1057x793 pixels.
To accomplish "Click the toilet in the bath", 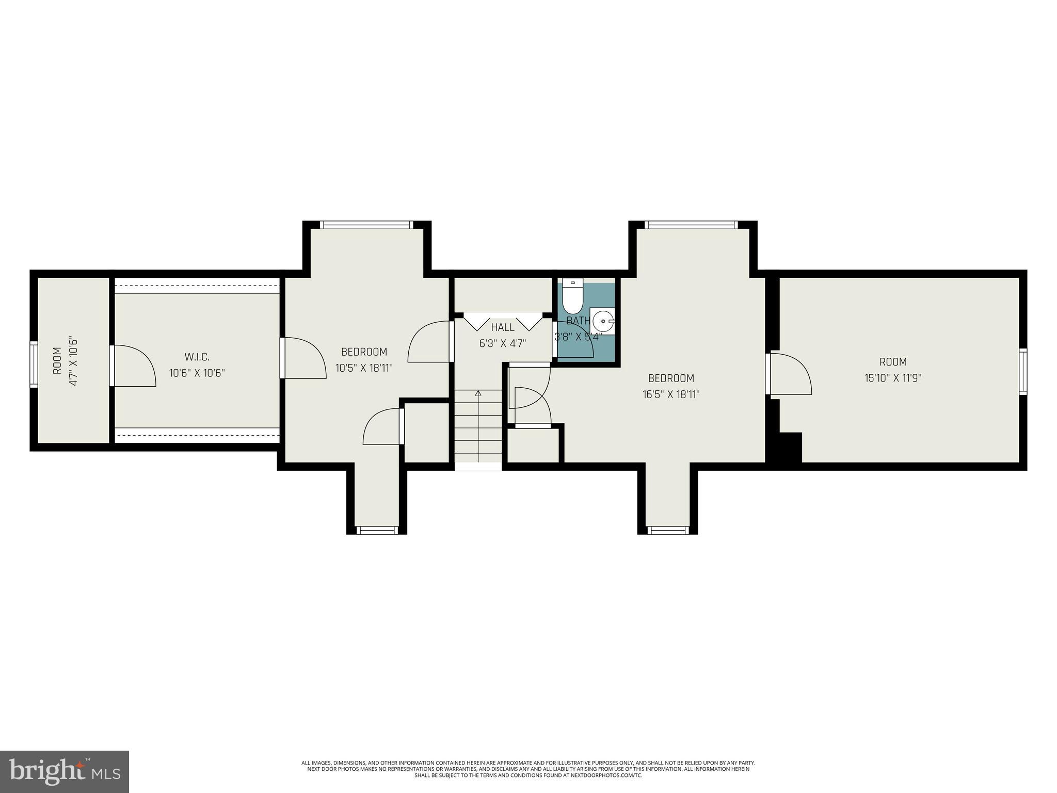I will pyautogui.click(x=572, y=297).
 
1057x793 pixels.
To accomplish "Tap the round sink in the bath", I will pyautogui.click(x=603, y=321).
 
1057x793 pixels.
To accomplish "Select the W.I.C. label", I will pyautogui.click(x=197, y=357).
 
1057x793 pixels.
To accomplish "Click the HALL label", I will pyautogui.click(x=502, y=327).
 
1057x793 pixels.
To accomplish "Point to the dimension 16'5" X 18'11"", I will pyautogui.click(x=670, y=394).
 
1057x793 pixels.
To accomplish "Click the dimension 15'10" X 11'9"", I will pyautogui.click(x=893, y=378).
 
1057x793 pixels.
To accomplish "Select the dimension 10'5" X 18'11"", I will pyautogui.click(x=364, y=368).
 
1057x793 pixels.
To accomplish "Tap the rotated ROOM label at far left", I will pyautogui.click(x=57, y=361).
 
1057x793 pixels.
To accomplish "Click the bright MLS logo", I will pyautogui.click(x=65, y=772).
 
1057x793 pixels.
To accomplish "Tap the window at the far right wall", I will pyautogui.click(x=1022, y=371).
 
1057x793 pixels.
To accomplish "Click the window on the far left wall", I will pyautogui.click(x=34, y=364).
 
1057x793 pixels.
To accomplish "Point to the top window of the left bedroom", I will pyautogui.click(x=366, y=225).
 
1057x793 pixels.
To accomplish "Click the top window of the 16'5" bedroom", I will pyautogui.click(x=692, y=225).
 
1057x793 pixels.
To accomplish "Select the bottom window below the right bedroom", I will pyautogui.click(x=668, y=530).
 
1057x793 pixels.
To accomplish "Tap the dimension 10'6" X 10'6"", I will pyautogui.click(x=197, y=373).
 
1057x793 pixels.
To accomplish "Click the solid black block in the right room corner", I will pyautogui.click(x=790, y=447).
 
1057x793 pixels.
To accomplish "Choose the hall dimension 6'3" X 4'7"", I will pyautogui.click(x=502, y=343).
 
